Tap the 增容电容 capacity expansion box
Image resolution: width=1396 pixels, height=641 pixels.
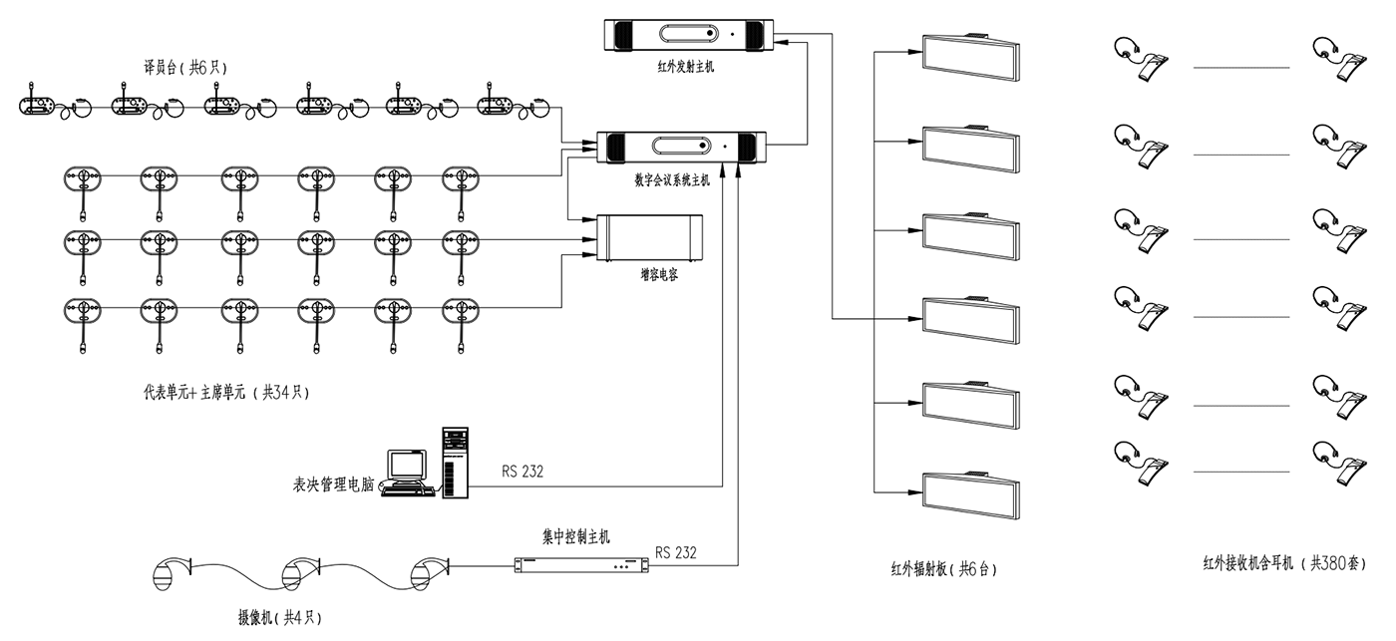click(x=648, y=238)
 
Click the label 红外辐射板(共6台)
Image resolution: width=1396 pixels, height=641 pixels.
click(x=943, y=570)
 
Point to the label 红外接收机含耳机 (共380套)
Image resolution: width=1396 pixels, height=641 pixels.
click(x=1277, y=564)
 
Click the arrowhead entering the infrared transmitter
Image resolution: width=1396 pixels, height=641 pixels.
click(x=784, y=42)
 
